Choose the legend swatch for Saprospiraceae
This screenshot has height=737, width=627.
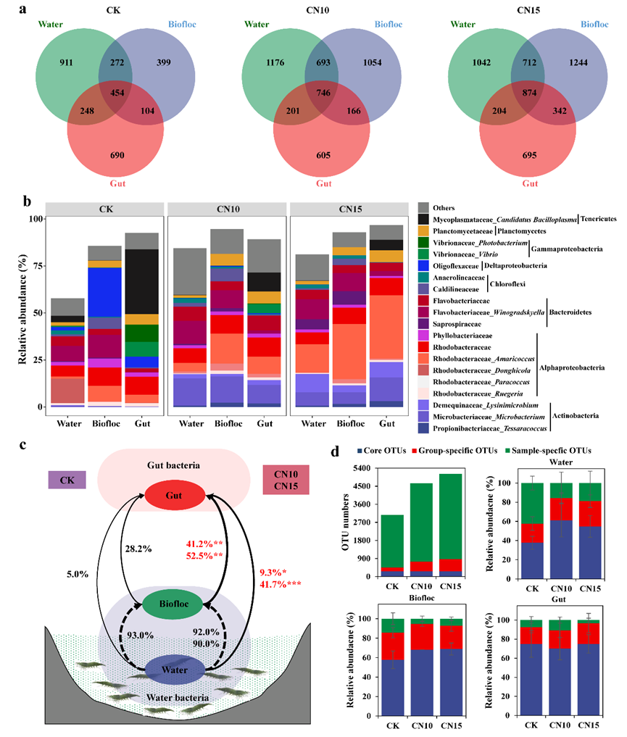[x=425, y=322]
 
